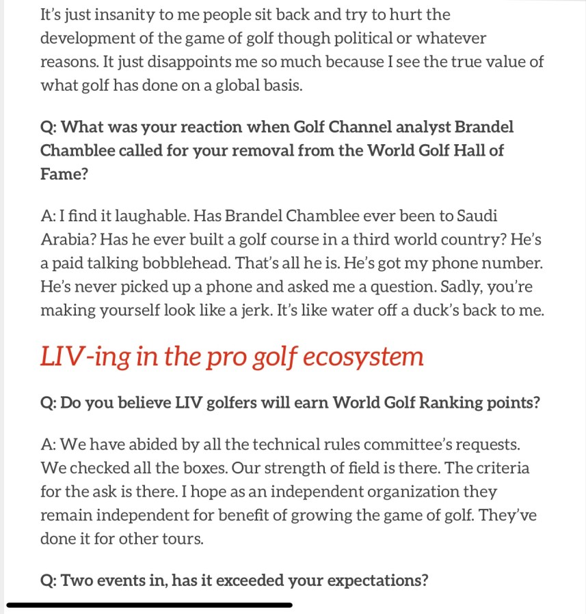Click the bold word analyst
tap(423, 127)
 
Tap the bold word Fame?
tap(64, 174)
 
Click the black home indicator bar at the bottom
tap(149, 605)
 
